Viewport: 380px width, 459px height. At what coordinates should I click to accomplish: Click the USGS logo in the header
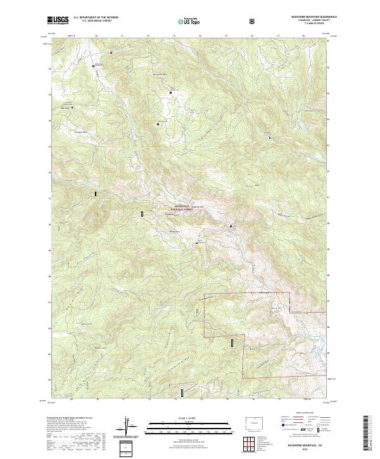(x=58, y=20)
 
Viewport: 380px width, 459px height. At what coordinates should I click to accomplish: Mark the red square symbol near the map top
(x=111, y=52)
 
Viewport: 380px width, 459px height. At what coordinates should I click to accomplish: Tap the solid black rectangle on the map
(x=96, y=194)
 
